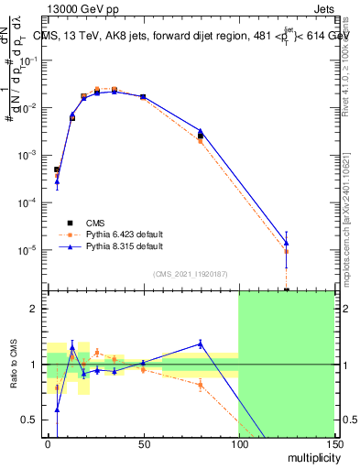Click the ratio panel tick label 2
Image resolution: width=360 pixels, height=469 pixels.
point(37,309)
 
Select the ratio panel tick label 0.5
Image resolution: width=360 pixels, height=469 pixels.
point(33,420)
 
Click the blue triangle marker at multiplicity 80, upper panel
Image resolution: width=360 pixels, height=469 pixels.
point(201,131)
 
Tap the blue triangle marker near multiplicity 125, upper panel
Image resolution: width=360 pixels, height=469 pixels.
point(287,243)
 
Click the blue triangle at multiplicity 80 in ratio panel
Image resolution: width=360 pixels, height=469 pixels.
point(201,344)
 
